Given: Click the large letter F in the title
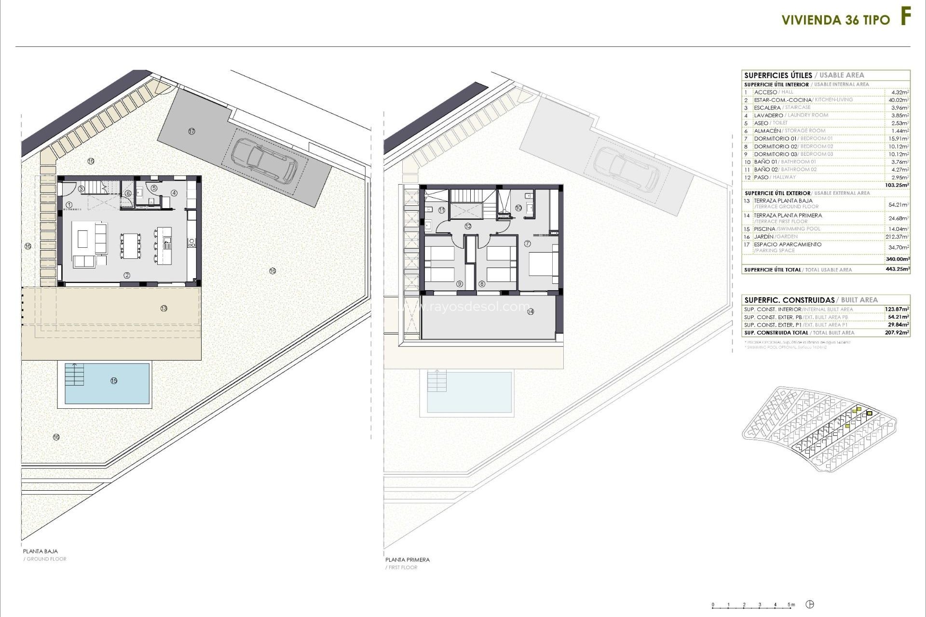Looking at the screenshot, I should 905,18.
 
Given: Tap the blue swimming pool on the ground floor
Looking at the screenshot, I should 107,383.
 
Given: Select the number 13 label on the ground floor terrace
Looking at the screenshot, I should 164,308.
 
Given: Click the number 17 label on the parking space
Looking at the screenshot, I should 192,131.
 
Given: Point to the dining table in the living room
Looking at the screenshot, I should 129,245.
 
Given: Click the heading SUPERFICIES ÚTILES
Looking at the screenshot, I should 778,75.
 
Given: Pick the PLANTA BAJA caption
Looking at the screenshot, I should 41,551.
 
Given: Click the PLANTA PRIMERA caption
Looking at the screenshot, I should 408,560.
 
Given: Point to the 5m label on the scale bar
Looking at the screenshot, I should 791,604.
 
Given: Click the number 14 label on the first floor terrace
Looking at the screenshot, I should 531,312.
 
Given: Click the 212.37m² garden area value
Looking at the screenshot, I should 899,237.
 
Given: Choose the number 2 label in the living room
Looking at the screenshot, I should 127,276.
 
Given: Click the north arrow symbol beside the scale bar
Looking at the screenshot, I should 811,604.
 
